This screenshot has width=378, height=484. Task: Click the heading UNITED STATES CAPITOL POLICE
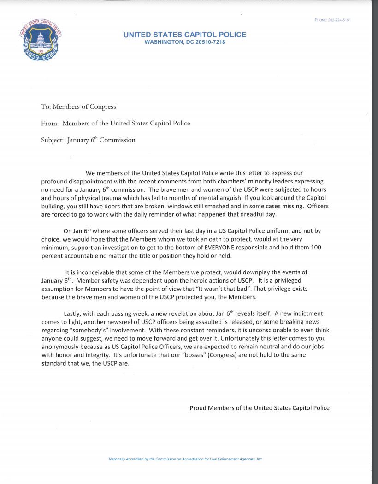(185, 35)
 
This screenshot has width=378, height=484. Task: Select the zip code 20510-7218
(207, 42)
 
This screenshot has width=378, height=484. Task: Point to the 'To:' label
(46, 106)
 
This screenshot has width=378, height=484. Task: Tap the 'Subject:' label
(52, 140)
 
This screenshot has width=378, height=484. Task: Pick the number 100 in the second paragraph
(316, 248)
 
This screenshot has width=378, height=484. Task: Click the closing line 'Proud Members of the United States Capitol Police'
(260, 408)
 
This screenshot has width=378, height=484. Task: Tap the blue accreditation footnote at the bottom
(185, 459)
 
